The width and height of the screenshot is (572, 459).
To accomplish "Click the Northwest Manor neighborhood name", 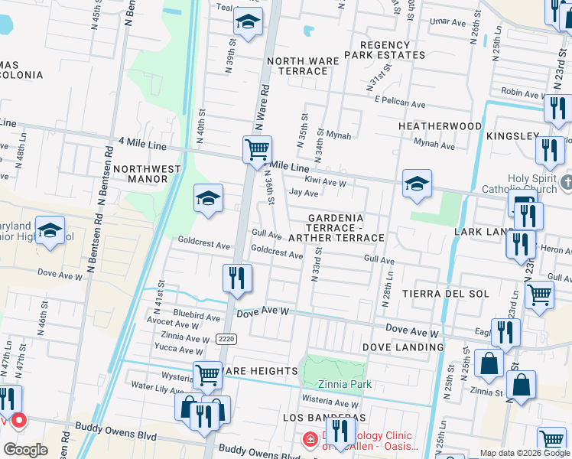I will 155,174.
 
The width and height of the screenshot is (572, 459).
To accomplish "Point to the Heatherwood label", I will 440,125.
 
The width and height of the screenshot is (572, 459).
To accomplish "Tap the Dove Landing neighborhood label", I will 405,347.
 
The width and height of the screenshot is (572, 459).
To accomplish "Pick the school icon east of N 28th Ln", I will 417,184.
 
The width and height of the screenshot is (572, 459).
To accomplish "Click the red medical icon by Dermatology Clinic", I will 310,439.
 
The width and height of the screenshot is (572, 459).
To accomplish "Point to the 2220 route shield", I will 225,339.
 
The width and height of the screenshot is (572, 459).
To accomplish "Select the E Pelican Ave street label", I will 399,103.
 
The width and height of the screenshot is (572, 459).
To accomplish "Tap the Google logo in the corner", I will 26,450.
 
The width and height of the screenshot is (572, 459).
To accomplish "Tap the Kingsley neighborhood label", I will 512,135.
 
